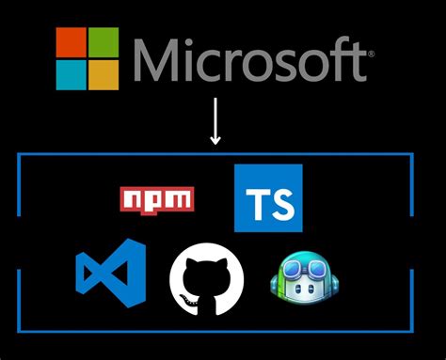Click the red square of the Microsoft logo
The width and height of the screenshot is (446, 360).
tap(71, 41)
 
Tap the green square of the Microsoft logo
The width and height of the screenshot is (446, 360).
tap(104, 41)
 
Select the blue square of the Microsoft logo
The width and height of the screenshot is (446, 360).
tap(71, 75)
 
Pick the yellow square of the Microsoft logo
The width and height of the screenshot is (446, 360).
tap(104, 75)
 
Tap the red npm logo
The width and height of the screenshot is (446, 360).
tap(157, 199)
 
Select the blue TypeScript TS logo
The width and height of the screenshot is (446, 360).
tap(268, 197)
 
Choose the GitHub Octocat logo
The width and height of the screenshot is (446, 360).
tap(206, 282)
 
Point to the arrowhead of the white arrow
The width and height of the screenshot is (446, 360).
tap(215, 141)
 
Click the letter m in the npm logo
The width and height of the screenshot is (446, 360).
tap(180, 199)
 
